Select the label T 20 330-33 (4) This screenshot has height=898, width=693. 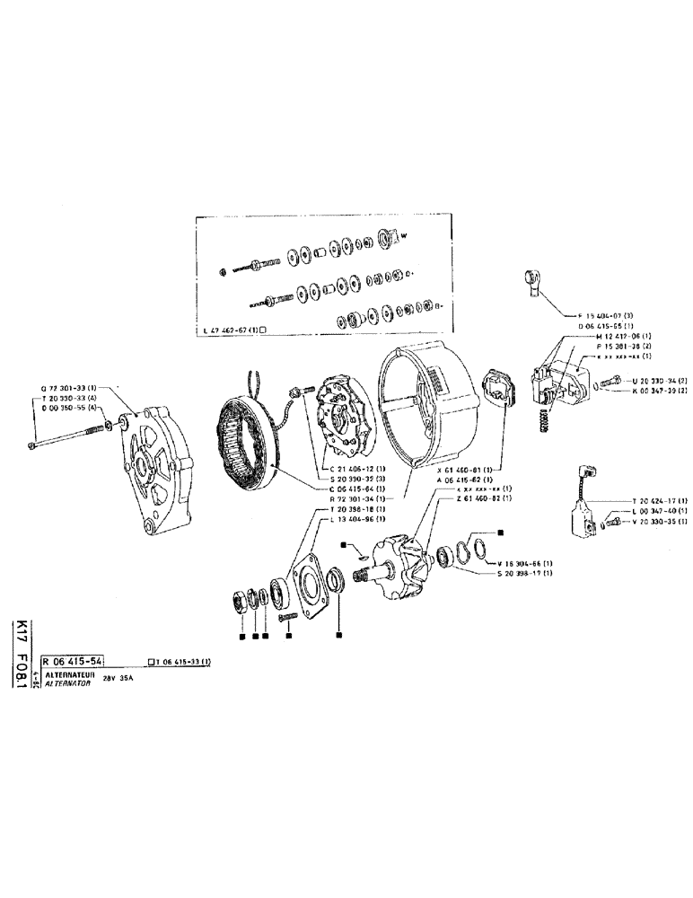tap(67, 396)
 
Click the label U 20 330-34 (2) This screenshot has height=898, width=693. tap(658, 380)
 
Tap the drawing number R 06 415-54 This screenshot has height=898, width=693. tap(75, 661)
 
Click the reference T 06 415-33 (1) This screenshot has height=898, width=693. tap(183, 662)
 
